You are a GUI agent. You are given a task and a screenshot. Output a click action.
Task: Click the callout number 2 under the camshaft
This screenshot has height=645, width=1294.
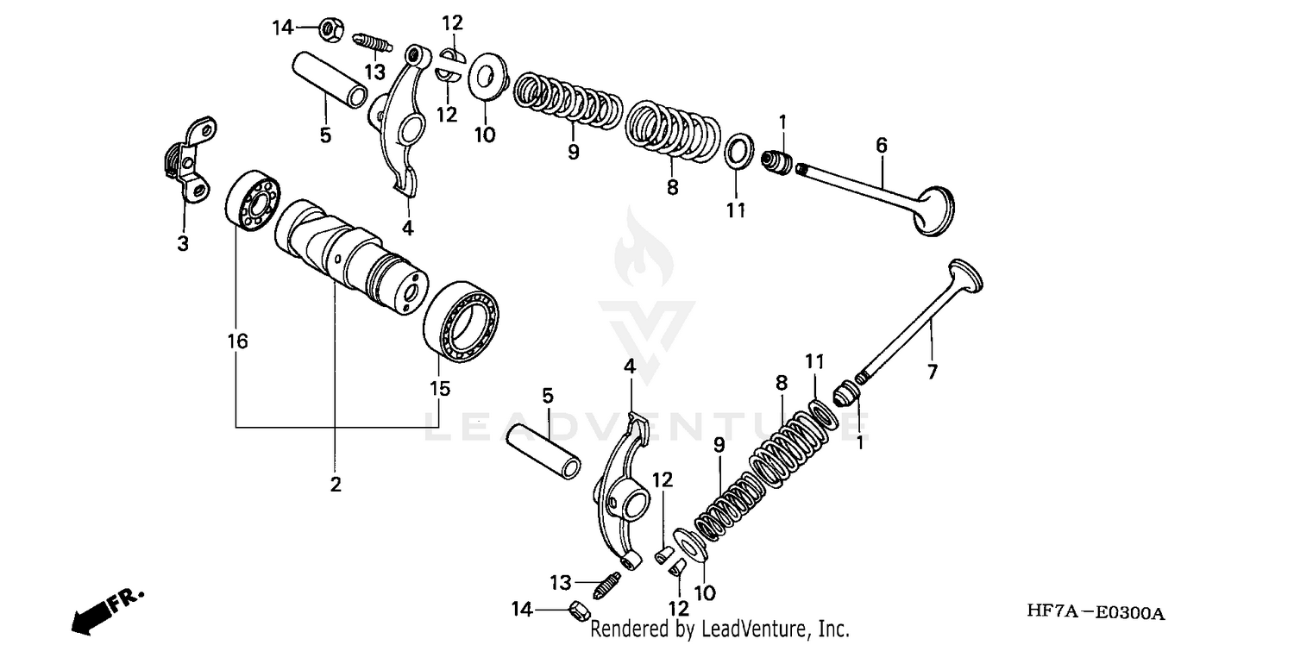[336, 485]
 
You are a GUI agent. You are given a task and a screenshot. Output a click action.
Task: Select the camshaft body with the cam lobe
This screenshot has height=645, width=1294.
[349, 257]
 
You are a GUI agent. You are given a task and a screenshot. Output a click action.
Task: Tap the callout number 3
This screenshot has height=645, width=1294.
[183, 244]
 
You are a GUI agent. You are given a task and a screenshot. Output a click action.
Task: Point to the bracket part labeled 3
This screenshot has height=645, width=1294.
[191, 160]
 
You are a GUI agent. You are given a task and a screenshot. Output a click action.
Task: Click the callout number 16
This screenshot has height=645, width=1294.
[237, 341]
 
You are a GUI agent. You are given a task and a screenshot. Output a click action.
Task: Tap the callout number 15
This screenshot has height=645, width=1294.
[440, 389]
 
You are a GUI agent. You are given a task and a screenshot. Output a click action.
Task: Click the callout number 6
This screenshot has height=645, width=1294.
[881, 146]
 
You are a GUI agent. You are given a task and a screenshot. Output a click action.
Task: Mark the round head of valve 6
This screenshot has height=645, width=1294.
[935, 210]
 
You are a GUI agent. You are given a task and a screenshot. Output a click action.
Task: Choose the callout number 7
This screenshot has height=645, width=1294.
[932, 372]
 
